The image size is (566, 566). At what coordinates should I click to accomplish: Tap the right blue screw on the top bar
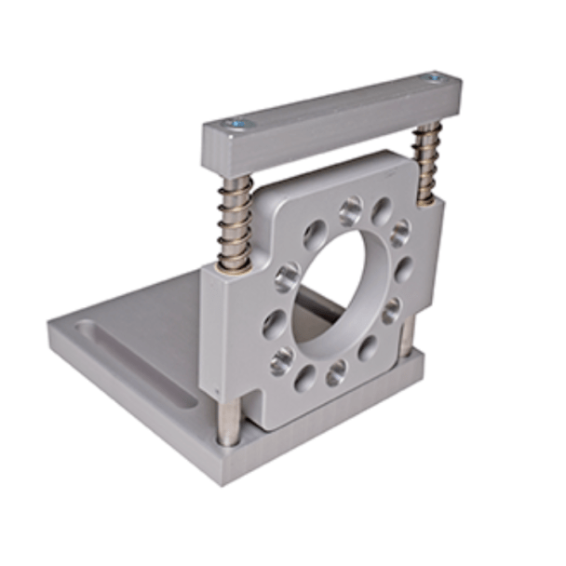click(435, 77)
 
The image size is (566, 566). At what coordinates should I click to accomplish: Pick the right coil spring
click(427, 164)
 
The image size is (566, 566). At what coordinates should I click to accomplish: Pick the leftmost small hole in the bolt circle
click(275, 322)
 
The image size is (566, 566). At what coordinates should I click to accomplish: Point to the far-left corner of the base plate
click(51, 328)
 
